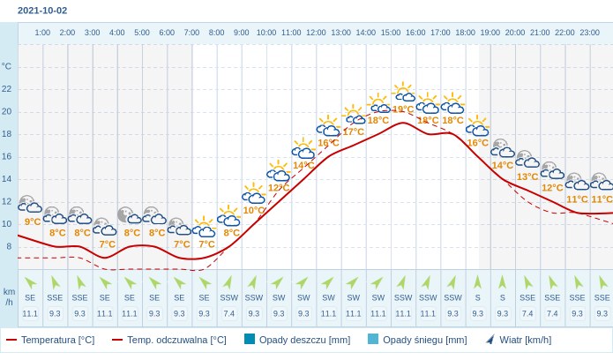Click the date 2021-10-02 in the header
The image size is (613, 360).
coord(42,11)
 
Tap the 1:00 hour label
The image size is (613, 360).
coord(42,33)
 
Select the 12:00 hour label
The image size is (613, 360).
coord(316,33)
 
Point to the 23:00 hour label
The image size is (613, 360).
coord(589,33)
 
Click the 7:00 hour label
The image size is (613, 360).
coord(191,33)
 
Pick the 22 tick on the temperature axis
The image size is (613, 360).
coord(7,89)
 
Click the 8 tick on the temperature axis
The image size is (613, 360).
coord(8,246)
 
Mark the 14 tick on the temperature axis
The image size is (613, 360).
coord(7,179)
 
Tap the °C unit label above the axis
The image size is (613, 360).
coord(7,66)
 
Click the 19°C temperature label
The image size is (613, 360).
coord(403,109)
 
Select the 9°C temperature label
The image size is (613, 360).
coord(33,221)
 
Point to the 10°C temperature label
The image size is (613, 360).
coord(254,210)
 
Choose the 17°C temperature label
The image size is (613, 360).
coord(353,131)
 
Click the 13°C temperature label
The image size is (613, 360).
coord(527,176)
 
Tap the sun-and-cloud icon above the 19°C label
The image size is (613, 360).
coord(403,92)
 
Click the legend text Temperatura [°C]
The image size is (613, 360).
coord(57,340)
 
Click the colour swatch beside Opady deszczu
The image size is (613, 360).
coord(250,339)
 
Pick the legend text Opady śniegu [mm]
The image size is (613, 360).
coord(425,340)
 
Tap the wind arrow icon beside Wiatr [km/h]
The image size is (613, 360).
coord(490,339)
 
